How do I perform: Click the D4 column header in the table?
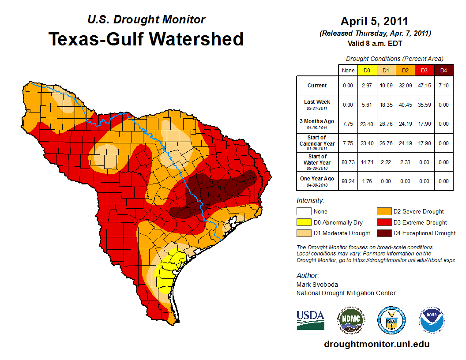point(443,70)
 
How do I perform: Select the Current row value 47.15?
point(425,86)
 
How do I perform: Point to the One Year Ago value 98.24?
point(348,181)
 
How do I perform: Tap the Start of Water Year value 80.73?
point(348,162)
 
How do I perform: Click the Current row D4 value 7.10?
point(443,86)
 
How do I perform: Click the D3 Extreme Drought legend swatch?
point(385,222)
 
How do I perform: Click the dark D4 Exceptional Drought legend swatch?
point(385,233)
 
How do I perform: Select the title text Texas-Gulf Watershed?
point(146,39)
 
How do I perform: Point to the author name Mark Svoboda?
point(317,285)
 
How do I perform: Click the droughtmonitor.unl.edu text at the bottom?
point(376,344)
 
